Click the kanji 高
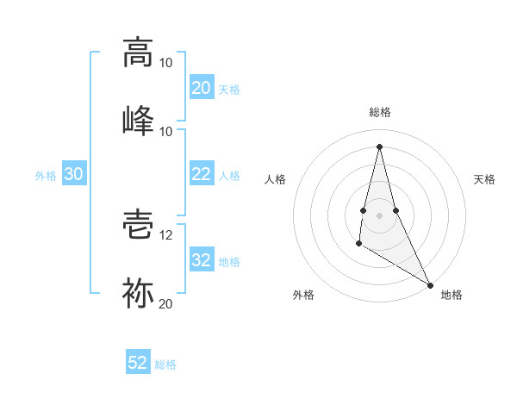click(138, 53)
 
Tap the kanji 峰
click(138, 120)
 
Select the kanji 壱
click(138, 226)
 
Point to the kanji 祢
click(138, 293)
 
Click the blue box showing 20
click(202, 88)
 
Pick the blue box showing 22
click(202, 174)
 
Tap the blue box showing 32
click(202, 260)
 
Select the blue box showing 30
click(74, 174)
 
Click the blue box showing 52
click(138, 363)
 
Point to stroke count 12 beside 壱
click(166, 235)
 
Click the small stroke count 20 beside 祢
click(166, 302)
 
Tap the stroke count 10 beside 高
click(166, 63)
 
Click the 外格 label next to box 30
click(46, 175)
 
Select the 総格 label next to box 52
click(166, 364)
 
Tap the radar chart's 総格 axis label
click(380, 112)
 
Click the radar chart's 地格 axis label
click(452, 296)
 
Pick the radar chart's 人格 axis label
click(275, 179)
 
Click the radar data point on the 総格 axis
click(379, 146)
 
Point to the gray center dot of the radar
click(379, 215)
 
